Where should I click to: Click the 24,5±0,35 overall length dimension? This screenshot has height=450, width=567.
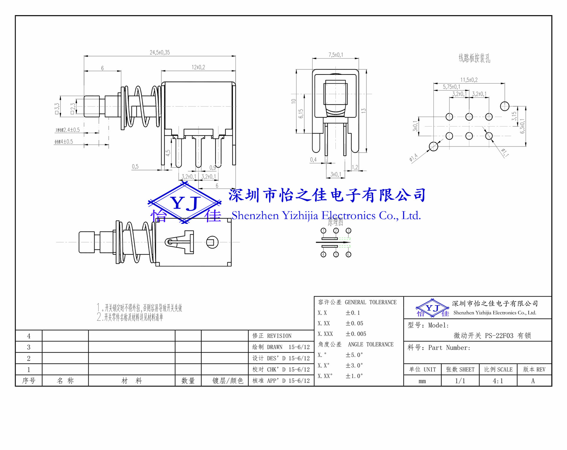pyautogui.click(x=159, y=53)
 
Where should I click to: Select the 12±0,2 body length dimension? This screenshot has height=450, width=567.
pyautogui.click(x=198, y=67)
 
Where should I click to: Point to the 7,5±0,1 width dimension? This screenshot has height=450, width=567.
pyautogui.click(x=335, y=55)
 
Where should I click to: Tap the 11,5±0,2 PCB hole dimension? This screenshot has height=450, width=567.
pyautogui.click(x=469, y=80)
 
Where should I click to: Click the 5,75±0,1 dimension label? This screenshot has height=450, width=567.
pyautogui.click(x=451, y=87)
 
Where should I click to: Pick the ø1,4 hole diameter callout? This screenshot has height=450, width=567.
pyautogui.click(x=414, y=157)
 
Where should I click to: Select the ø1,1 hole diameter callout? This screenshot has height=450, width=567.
pyautogui.click(x=505, y=153)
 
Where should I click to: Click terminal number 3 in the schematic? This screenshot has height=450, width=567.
pyautogui.click(x=348, y=231)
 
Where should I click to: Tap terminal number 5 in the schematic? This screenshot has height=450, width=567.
pyautogui.click(x=336, y=255)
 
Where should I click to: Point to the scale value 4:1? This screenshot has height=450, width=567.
pyautogui.click(x=498, y=381)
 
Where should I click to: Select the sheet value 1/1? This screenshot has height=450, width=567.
pyautogui.click(x=460, y=381)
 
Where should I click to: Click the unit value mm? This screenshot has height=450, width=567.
pyautogui.click(x=422, y=381)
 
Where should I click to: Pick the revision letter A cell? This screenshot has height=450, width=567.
pyautogui.click(x=533, y=381)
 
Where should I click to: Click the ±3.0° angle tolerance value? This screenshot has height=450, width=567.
pyautogui.click(x=354, y=365)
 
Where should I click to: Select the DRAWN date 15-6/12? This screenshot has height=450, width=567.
pyautogui.click(x=299, y=347)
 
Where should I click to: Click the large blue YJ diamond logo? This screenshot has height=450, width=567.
pyautogui.click(x=185, y=203)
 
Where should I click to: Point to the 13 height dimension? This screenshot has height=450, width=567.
pyautogui.click(x=364, y=111)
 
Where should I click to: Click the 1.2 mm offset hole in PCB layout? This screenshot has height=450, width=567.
pyautogui.click(x=505, y=106)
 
